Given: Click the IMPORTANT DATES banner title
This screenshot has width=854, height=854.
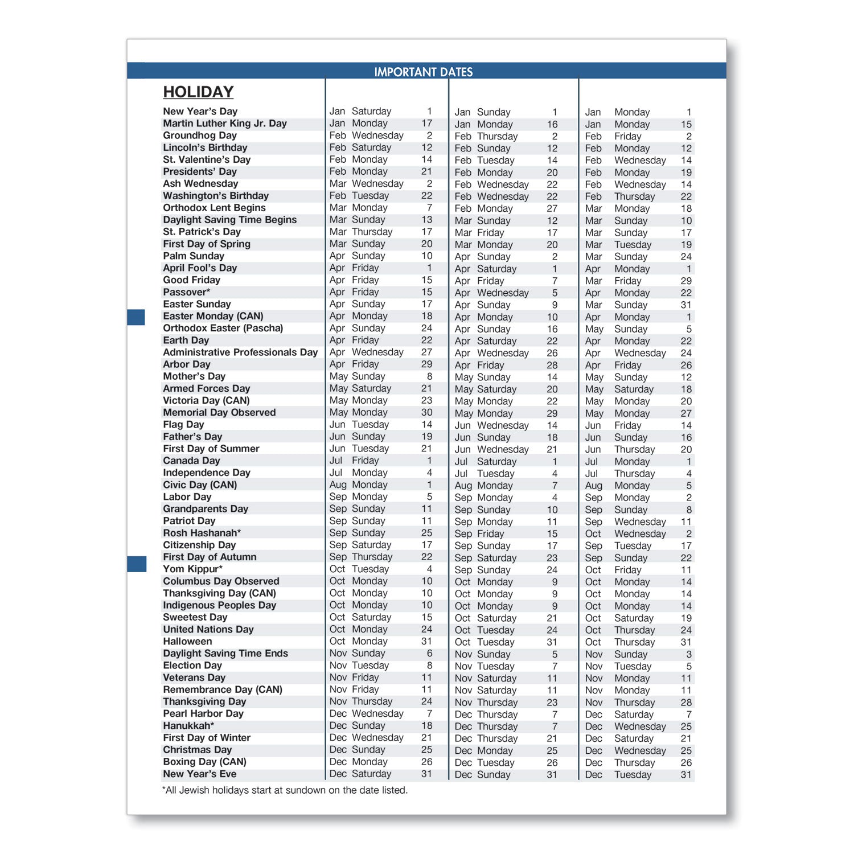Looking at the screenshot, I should coord(423,72).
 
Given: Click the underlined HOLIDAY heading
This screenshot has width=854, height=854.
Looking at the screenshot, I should coord(198,92).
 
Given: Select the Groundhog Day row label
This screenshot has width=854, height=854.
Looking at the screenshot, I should coord(200,136).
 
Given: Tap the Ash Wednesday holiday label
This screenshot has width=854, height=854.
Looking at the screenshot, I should coord(200,183).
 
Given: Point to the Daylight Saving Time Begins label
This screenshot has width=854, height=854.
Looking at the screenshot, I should coord(229,220).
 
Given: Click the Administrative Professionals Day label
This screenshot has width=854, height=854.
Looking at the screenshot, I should coord(240,352).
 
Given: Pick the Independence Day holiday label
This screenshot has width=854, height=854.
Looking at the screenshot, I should coord(207,473).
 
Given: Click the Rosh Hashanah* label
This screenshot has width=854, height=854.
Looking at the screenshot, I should coord(202,533).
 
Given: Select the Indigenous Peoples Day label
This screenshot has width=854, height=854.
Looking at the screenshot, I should coord(219,605).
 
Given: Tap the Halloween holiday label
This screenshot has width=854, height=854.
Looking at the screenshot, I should coord(187,641).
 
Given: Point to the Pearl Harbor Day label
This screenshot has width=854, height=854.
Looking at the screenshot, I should coord(203,713).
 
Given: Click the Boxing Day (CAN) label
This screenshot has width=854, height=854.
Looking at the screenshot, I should coord(204,762).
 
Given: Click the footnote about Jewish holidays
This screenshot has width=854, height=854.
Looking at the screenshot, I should coord(285,790).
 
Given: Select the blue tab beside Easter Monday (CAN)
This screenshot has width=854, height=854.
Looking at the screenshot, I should coord(136,317).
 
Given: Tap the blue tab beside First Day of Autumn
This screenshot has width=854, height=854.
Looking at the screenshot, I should coord(137,564).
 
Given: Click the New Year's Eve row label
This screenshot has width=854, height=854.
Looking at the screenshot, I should coord(199,774).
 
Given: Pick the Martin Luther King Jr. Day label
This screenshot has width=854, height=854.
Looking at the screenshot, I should coord(225,124).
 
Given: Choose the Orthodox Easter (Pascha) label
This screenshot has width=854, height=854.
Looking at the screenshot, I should coord(223,328).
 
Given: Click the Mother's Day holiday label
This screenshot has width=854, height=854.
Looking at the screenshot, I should coord(194,376).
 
